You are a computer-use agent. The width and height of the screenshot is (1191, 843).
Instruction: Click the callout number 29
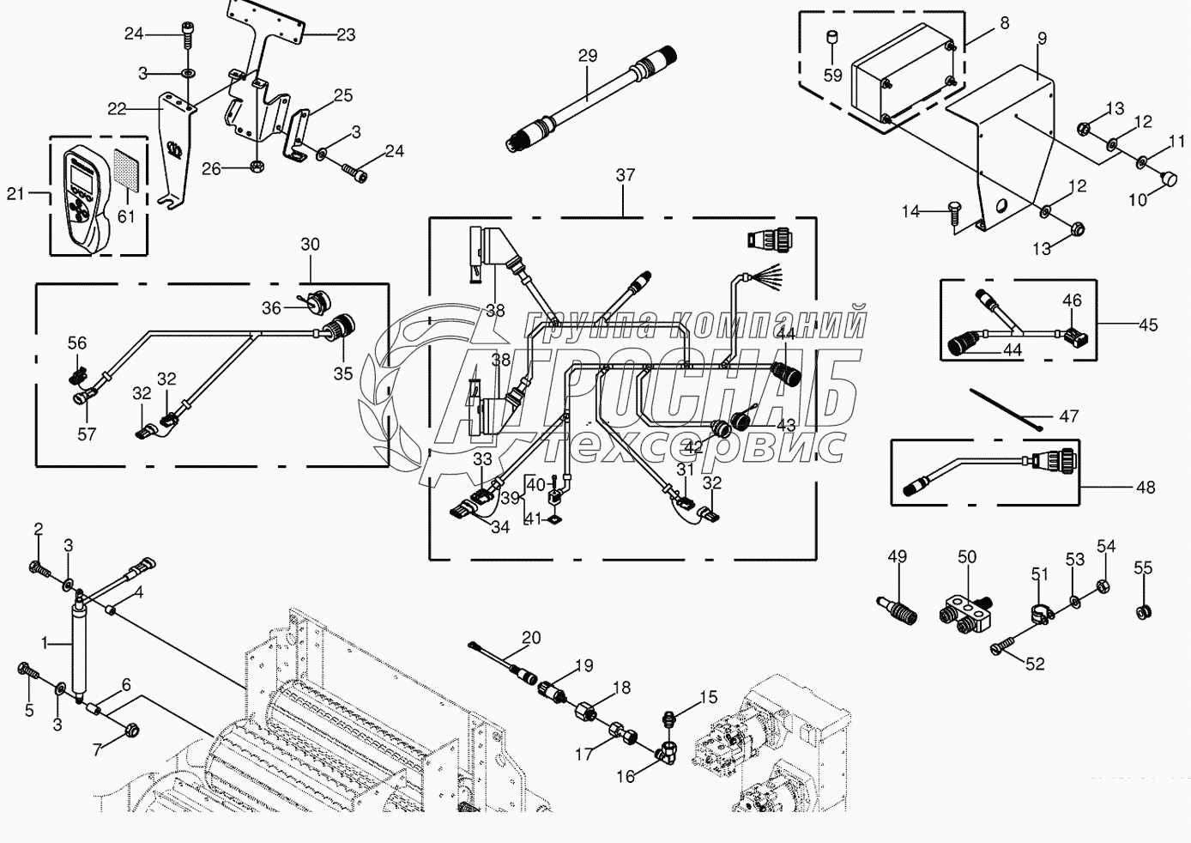[588, 56]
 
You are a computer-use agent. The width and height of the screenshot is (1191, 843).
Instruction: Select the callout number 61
[126, 216]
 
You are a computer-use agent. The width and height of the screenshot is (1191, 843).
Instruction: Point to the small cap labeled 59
[831, 39]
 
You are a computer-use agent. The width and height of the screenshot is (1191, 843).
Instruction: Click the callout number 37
[626, 175]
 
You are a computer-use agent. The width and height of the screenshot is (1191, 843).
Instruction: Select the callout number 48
[1146, 488]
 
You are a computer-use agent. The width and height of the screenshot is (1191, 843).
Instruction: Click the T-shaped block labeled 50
[965, 616]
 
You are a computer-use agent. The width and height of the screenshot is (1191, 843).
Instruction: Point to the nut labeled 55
[1142, 612]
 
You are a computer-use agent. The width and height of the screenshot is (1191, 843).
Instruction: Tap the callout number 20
[531, 637]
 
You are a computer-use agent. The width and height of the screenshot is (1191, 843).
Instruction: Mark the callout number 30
[310, 245]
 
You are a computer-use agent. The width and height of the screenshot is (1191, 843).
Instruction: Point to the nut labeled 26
[255, 167]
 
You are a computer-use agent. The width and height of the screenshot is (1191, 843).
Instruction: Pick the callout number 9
[1042, 39]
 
